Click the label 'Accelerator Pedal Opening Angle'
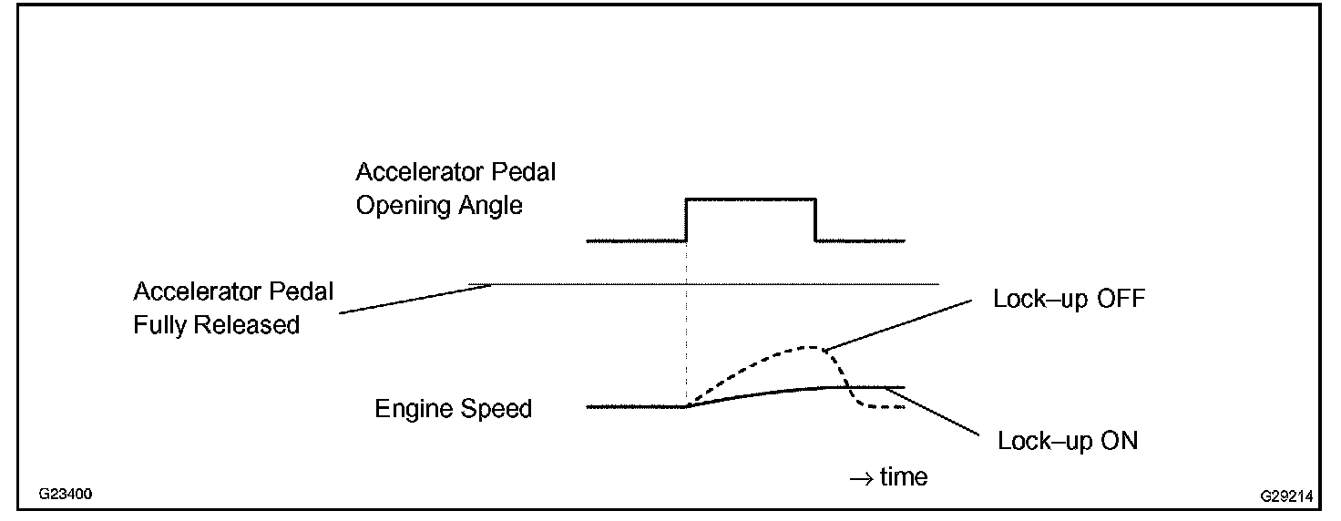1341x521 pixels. point(455,189)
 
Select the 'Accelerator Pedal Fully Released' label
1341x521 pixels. point(233,308)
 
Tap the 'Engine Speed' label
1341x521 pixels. point(453,409)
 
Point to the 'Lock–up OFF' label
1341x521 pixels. point(1069,300)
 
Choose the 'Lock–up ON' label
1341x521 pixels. point(1068,442)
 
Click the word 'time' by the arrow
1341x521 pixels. point(903,476)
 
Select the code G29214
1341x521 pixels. point(1286,496)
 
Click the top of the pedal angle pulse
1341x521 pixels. point(751,199)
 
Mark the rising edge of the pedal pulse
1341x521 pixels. point(686,220)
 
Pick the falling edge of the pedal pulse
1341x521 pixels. point(815,220)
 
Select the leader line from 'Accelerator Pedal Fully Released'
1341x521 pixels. point(415,299)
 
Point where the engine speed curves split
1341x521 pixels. point(687,406)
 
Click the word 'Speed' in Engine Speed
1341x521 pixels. point(496,409)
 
